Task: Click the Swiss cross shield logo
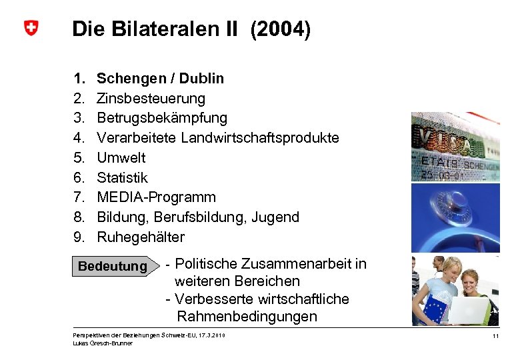coord(31,28)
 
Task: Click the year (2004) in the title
coord(280,29)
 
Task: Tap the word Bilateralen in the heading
coord(165,29)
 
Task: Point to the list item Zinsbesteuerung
coord(151,99)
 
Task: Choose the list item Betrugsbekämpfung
coord(162,118)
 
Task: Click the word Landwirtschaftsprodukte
coord(260,138)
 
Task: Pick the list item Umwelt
coord(121,158)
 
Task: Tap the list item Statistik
coord(123,177)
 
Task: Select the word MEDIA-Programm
coord(157,197)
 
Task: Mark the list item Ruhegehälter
coord(141,237)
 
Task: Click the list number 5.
coord(79,158)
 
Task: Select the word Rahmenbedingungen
coord(247,317)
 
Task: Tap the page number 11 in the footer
coord(495,336)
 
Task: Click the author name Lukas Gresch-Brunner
coord(103,343)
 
